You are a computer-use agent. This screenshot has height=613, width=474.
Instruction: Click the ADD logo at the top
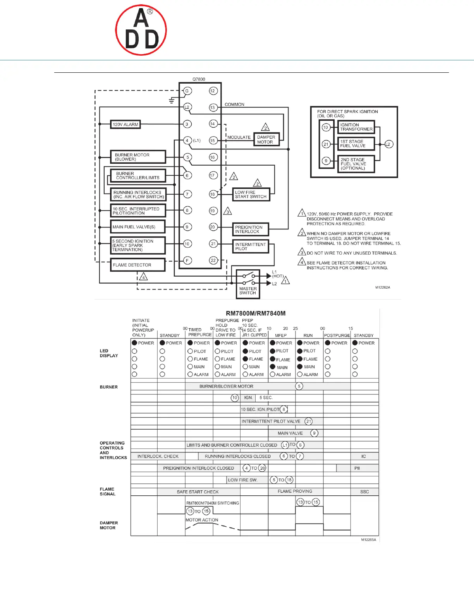141,30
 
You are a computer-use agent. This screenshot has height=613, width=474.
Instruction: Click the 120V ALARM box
125,125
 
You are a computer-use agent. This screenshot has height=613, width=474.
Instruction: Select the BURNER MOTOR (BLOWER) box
138,157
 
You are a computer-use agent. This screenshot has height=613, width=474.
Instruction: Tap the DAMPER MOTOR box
266,140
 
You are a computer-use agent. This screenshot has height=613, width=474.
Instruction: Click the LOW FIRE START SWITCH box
251,194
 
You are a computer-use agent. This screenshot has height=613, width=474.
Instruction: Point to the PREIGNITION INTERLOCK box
251,229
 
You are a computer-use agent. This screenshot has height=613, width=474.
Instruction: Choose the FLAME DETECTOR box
137,265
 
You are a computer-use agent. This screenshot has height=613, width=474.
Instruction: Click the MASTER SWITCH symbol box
248,284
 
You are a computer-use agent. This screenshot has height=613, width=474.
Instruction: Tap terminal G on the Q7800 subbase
187,91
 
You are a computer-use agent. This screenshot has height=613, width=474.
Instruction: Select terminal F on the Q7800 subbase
187,260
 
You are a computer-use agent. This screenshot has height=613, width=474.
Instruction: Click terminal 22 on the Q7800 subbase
213,260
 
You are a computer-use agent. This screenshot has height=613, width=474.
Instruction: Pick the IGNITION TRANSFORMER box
356,127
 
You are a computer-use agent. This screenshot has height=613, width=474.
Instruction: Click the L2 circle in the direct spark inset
389,144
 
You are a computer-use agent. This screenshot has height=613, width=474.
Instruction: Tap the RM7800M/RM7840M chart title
256,313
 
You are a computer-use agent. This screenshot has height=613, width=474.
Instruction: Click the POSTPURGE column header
337,336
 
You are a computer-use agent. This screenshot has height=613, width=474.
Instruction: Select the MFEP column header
281,336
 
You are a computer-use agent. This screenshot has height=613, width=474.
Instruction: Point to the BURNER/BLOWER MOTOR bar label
226,386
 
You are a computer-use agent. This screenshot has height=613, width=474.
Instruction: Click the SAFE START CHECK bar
198,492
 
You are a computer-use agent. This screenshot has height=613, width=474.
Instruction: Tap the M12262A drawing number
383,288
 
